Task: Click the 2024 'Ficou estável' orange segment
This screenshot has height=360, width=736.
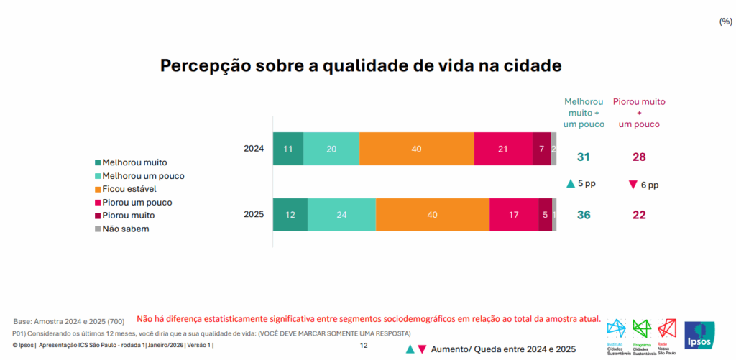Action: pyautogui.click(x=417, y=149)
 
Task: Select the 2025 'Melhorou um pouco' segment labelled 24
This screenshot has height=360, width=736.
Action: pyautogui.click(x=341, y=214)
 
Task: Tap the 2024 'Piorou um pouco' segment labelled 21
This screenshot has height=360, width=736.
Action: pyautogui.click(x=503, y=149)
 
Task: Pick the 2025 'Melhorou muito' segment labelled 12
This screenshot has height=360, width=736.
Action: pyautogui.click(x=290, y=214)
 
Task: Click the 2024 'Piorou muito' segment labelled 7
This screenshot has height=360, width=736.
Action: pyautogui.click(x=542, y=149)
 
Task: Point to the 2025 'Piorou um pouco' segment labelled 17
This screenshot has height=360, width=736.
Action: pyautogui.click(x=514, y=214)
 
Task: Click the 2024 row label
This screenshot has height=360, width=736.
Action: pyautogui.click(x=254, y=149)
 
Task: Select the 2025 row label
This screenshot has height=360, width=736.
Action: pyautogui.click(x=254, y=214)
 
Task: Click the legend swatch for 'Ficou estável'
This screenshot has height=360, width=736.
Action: pyautogui.click(x=98, y=189)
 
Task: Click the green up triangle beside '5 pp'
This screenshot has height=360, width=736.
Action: pyautogui.click(x=571, y=184)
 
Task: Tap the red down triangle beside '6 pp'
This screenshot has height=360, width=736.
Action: pyautogui.click(x=632, y=185)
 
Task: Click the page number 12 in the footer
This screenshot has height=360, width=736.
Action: pyautogui.click(x=364, y=346)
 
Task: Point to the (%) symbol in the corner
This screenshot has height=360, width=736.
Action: pyautogui.click(x=725, y=22)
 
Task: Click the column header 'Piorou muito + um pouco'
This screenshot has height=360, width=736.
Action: pyautogui.click(x=639, y=113)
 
